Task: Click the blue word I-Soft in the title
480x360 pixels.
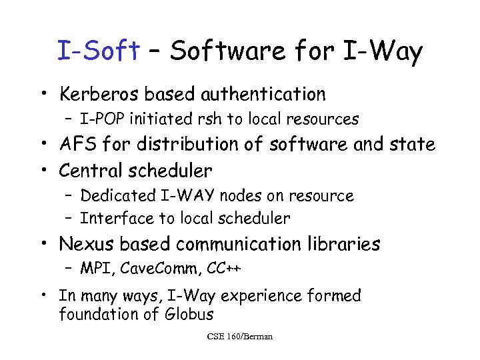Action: (x=98, y=51)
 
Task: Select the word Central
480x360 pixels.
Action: (x=88, y=171)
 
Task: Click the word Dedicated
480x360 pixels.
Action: (x=114, y=196)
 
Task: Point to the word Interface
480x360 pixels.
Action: (x=111, y=218)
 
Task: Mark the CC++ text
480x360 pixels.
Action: (x=223, y=269)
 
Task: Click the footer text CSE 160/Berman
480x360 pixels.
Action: (x=240, y=337)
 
